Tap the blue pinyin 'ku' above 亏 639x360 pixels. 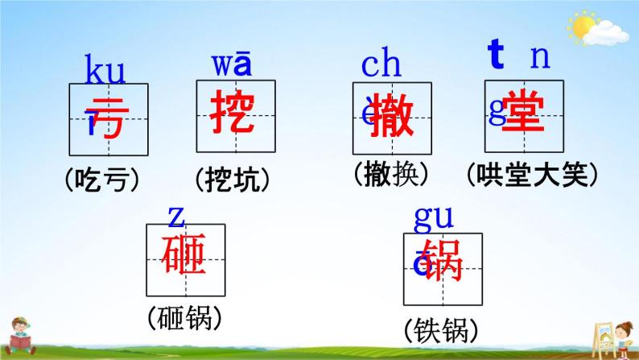tap(105, 72)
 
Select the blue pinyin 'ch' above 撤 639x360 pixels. tap(381, 64)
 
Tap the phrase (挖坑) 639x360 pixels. tap(233, 180)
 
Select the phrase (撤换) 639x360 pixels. tap(390, 173)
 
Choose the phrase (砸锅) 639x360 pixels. tap(185, 318)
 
